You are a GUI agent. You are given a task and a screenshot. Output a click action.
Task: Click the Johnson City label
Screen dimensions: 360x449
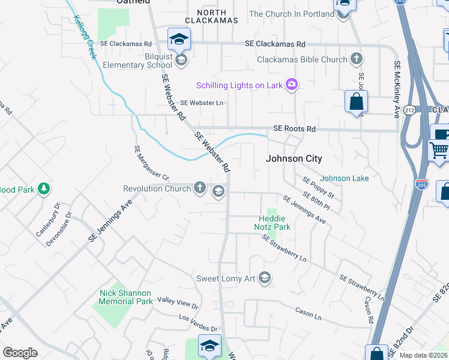295,159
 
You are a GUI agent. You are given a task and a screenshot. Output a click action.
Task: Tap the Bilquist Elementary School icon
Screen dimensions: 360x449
181,60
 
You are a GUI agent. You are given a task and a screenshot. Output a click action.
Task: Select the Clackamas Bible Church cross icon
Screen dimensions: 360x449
357,59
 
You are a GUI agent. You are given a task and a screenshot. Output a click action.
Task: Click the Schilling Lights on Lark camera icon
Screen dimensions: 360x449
292,85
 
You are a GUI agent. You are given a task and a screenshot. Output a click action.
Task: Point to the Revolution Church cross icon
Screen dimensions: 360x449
200,189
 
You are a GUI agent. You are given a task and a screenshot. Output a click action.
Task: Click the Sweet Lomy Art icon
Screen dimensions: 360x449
265,278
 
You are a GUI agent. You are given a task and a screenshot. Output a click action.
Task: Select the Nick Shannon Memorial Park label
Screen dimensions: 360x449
126,297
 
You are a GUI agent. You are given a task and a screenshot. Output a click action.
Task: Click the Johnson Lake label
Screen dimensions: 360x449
344,178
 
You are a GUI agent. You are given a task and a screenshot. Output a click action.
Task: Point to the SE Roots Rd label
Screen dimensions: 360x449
294,129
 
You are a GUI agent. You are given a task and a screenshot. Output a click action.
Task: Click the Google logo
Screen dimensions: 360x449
20,353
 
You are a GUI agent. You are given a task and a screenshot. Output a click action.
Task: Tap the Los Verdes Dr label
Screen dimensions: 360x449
197,328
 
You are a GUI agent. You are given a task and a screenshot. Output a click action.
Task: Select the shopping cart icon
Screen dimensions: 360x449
439,151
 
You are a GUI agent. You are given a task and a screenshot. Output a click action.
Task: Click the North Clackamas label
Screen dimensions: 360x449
215,16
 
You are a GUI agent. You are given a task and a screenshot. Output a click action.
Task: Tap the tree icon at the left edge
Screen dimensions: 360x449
43,190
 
